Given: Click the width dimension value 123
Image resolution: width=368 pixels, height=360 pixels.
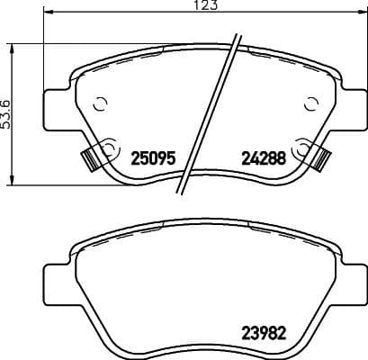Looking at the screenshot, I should pyautogui.click(x=184, y=5).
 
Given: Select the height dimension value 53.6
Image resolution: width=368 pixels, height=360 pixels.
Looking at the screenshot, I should pyautogui.click(x=6, y=114).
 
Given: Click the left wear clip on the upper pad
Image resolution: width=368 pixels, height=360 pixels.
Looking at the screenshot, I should pyautogui.click(x=90, y=157).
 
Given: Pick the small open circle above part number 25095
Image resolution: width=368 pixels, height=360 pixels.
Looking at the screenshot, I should pyautogui.click(x=100, y=102).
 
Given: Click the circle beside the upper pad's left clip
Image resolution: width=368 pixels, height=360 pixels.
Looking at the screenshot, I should pyautogui.click(x=111, y=147).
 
